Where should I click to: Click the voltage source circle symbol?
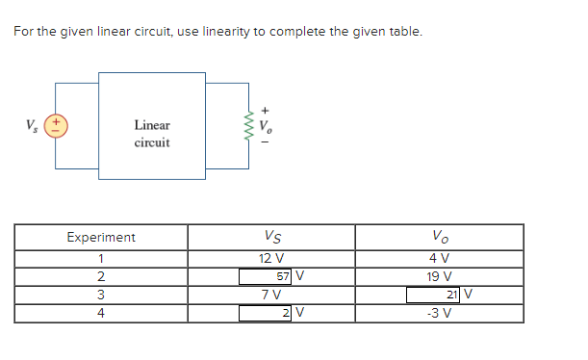pyautogui.click(x=56, y=125)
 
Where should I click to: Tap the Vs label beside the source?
pyautogui.click(x=33, y=125)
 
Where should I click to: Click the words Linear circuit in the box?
pyautogui.click(x=152, y=134)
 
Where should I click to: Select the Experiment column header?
pyautogui.click(x=100, y=237)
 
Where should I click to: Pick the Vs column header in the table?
pyautogui.click(x=271, y=237)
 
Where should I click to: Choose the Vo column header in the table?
pyautogui.click(x=439, y=237)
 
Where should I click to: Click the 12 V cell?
pyautogui.click(x=271, y=258)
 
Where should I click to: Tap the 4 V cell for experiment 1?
pyautogui.click(x=439, y=258)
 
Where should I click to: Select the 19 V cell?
pyautogui.click(x=439, y=276)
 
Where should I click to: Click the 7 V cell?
pyautogui.click(x=271, y=295)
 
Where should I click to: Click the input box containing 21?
pyautogui.click(x=439, y=295)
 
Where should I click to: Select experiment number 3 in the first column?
pyautogui.click(x=100, y=295)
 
